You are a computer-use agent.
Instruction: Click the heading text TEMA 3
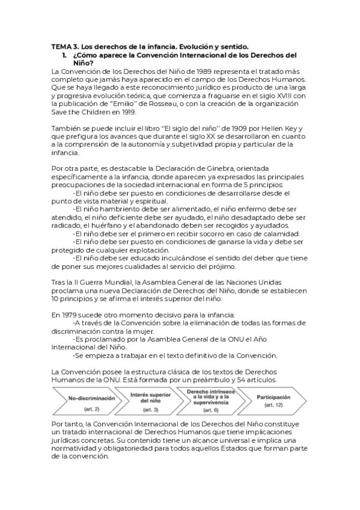tap(64, 46)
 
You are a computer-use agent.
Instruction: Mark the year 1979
tap(69, 315)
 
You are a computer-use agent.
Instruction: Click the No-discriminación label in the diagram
tap(92, 399)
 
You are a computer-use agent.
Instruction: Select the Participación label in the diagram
tap(273, 398)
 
